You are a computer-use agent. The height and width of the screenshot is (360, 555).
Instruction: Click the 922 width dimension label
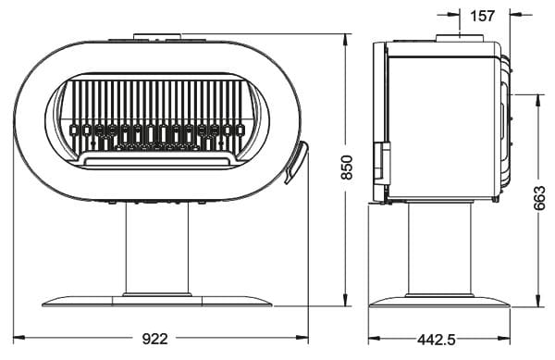tap(154, 339)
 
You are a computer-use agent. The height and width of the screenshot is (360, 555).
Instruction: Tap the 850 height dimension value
tap(348, 168)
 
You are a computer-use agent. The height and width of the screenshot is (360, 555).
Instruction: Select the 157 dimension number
tap(482, 16)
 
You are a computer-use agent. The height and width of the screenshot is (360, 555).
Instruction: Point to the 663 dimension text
tap(539, 198)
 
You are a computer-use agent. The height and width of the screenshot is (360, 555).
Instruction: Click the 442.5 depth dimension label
tap(437, 341)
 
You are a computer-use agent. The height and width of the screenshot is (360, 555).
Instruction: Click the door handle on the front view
tap(297, 162)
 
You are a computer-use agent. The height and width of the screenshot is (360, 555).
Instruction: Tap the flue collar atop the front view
tap(158, 36)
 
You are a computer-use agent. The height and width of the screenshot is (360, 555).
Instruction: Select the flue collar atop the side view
tap(460, 38)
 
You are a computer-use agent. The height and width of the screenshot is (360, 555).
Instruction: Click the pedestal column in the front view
tap(157, 249)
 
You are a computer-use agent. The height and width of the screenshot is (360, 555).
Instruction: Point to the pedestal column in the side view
tap(439, 248)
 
